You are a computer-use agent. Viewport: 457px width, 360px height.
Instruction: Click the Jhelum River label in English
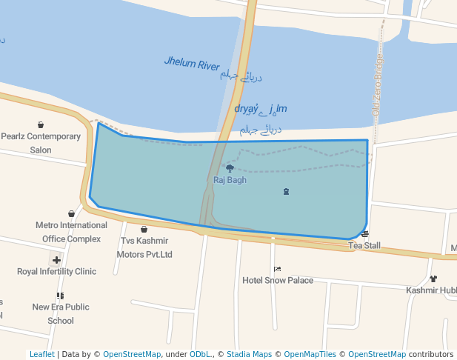(x=192, y=64)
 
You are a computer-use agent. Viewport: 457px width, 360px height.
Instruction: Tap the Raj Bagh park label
(x=230, y=180)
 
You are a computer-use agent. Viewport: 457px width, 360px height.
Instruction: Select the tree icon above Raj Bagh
(x=230, y=168)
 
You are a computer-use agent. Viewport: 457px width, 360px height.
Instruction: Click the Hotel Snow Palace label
(x=278, y=281)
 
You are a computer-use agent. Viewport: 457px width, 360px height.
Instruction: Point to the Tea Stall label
(x=364, y=245)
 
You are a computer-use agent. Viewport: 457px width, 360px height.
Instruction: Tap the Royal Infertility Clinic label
(x=57, y=272)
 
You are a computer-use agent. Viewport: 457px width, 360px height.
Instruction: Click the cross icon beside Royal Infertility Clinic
(x=56, y=260)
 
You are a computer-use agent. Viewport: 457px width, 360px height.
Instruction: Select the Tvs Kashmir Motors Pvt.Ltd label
(x=144, y=248)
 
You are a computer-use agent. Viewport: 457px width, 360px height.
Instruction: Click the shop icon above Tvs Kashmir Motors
(x=144, y=230)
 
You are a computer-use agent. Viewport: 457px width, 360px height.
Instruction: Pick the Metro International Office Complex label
(x=71, y=232)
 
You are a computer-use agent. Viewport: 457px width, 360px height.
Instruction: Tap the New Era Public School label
(x=61, y=313)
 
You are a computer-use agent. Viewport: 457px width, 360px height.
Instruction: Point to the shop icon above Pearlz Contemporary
(x=41, y=124)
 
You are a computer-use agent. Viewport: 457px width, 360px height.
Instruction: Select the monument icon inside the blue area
(x=286, y=192)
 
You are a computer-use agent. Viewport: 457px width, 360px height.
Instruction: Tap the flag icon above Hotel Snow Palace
(x=277, y=269)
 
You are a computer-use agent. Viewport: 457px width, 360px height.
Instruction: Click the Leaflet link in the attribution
(x=41, y=355)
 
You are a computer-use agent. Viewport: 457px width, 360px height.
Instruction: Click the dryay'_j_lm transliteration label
(x=260, y=110)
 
